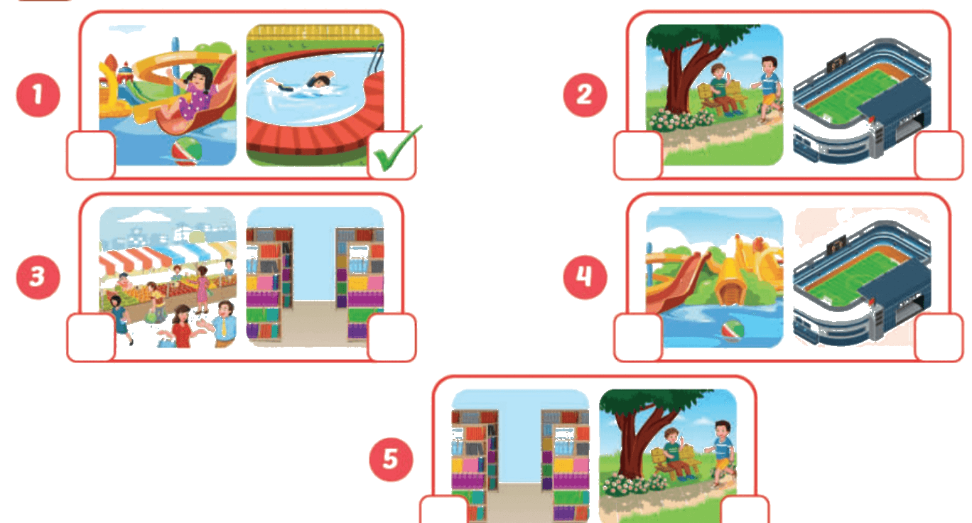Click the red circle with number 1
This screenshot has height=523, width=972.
pyautogui.click(x=38, y=95)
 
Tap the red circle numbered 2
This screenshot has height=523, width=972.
pyautogui.click(x=585, y=95)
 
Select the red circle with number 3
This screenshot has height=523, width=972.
pyautogui.click(x=38, y=277)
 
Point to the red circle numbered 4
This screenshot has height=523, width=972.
pyautogui.click(x=585, y=277)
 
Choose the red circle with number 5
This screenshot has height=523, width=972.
pyautogui.click(x=391, y=459)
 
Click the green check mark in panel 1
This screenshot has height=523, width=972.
pyautogui.click(x=396, y=150)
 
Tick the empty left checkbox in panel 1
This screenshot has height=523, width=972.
pyautogui.click(x=91, y=155)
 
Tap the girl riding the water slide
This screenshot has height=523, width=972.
pyautogui.click(x=193, y=93)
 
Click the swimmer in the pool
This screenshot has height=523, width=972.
pyautogui.click(x=304, y=82)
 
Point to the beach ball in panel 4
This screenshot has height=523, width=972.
pyautogui.click(x=733, y=330)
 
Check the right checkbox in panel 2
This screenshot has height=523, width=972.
pyautogui.click(x=939, y=155)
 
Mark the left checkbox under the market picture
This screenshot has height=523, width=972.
pyautogui.click(x=91, y=338)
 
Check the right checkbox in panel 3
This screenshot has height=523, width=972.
pyautogui.click(x=391, y=338)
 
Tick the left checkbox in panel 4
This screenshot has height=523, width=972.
pyautogui.click(x=638, y=338)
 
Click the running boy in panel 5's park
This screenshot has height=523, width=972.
pyautogui.click(x=720, y=451)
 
